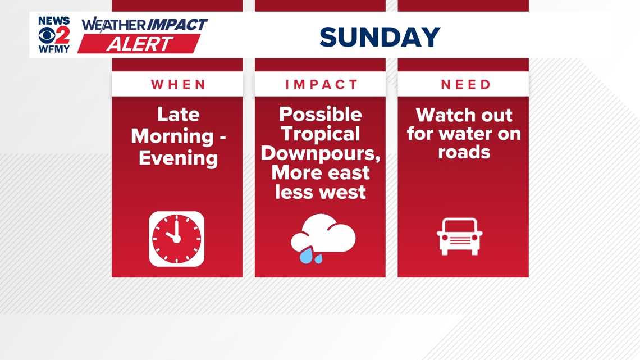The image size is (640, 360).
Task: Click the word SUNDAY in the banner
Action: click(x=380, y=37)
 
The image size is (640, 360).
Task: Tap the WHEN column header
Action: click(x=179, y=84)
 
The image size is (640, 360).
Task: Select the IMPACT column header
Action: click(x=321, y=84)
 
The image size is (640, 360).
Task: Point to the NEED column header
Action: click(x=465, y=84)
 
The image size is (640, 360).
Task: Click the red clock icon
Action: click(x=177, y=239)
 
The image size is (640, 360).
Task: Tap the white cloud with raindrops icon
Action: click(x=323, y=238)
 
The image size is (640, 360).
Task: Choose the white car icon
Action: click(x=460, y=237)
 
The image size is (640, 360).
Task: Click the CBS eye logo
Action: click(x=47, y=36)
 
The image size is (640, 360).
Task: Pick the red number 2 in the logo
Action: click(x=62, y=35)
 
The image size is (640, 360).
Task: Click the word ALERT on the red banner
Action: click(x=139, y=44)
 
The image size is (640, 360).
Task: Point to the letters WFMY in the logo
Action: click(x=54, y=49)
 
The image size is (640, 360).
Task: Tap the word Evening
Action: click(x=179, y=158)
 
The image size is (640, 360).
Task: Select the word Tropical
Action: click(x=321, y=134)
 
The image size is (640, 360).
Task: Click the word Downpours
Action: click(x=321, y=153)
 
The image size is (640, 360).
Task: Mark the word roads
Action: click(x=464, y=152)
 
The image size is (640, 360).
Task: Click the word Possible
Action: click(x=321, y=114)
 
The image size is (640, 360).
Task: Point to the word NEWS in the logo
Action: click(x=54, y=21)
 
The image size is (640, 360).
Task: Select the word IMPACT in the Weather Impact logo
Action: click(x=177, y=25)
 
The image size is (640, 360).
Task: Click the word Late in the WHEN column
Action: click(x=179, y=114)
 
